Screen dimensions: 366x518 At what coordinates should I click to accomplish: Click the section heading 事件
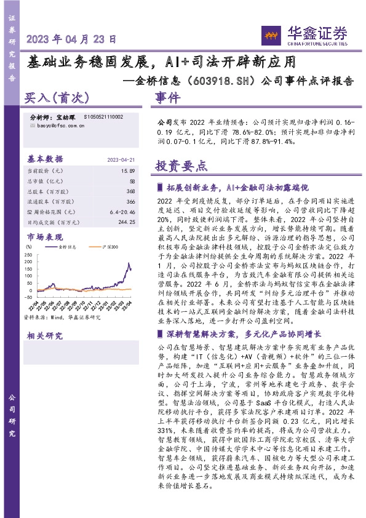pyautogui.click(x=167, y=98)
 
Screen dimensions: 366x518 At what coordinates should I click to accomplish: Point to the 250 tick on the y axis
pyautogui.click(x=29, y=253)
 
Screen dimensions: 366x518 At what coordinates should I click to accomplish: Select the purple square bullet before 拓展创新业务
pyautogui.click(x=161, y=187)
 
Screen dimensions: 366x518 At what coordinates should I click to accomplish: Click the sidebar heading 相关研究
pyautogui.click(x=45, y=335)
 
